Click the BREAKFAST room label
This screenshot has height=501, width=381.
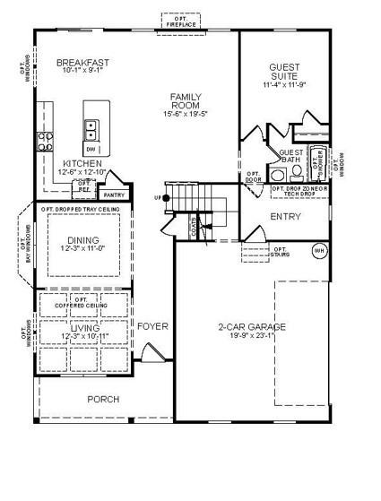point(82,63)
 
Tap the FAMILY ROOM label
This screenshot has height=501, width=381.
point(186,100)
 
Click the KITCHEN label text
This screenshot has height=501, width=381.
point(82,164)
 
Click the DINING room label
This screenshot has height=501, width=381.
point(83,240)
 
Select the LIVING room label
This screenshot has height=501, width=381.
point(83,330)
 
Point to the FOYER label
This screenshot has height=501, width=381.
point(152,326)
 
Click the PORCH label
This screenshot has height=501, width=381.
point(102,400)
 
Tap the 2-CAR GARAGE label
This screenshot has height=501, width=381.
point(252,327)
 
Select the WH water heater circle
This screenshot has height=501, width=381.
point(317,251)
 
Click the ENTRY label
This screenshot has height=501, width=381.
point(284,217)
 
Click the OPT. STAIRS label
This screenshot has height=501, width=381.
point(280,253)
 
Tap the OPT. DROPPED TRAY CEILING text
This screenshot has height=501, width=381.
point(81,209)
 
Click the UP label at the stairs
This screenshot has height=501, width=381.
point(159,197)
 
